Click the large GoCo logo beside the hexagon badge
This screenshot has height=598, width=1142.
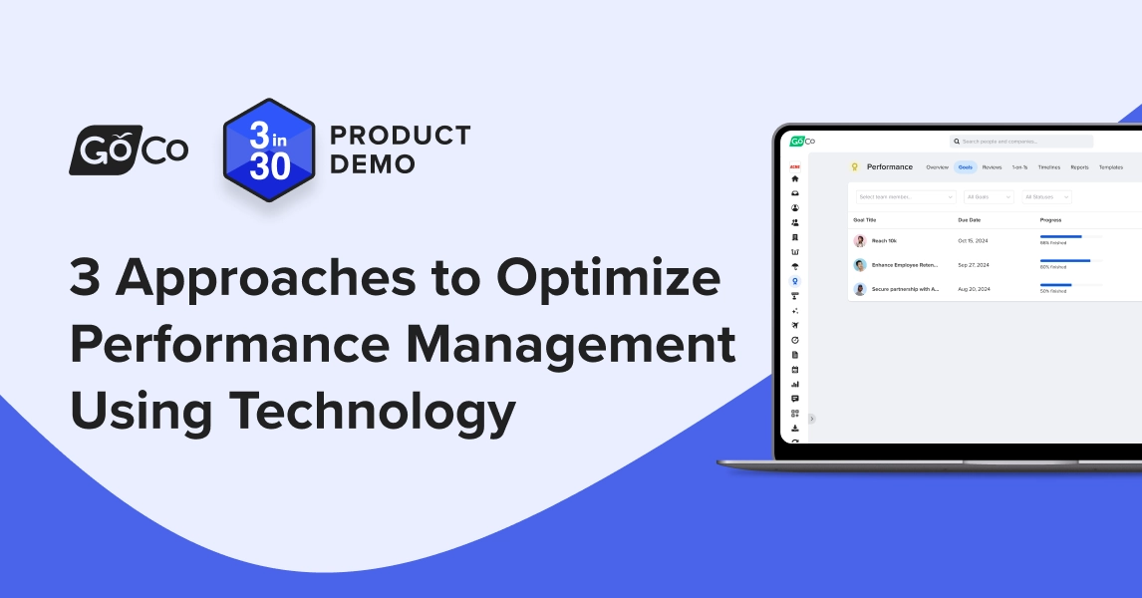pos(129,149)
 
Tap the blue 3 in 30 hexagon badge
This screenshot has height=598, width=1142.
pos(269,149)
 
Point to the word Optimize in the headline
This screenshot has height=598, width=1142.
pos(608,280)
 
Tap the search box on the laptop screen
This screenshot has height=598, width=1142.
pos(1020,142)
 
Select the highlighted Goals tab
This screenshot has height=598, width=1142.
pos(965,167)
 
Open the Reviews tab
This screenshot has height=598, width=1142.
pos(992,167)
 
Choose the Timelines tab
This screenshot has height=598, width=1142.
pos(1048,167)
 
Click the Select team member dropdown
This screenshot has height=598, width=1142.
pos(906,197)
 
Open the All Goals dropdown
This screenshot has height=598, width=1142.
pos(989,197)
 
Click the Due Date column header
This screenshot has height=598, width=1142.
pos(970,219)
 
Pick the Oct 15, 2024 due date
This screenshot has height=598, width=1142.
pos(972,241)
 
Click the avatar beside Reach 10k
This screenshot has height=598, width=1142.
pos(860,241)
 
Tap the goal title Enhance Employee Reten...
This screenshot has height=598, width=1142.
pos(905,265)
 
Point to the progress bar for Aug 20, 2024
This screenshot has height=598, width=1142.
pos(1071,285)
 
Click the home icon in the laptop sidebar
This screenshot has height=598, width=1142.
pos(795,178)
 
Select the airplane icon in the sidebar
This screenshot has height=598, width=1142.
pos(795,325)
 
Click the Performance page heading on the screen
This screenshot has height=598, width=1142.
pos(889,166)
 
